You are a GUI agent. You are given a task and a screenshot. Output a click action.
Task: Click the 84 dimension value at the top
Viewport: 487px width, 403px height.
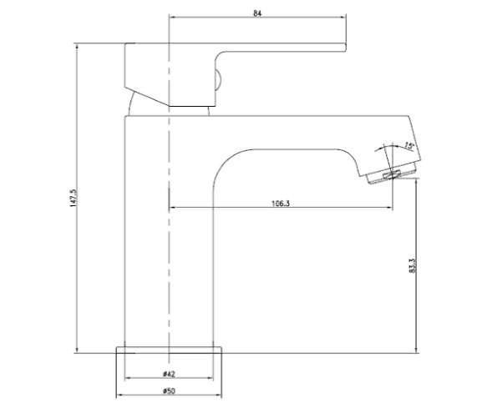(x=257, y=13)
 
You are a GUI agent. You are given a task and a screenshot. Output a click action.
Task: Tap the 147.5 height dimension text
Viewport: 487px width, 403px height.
(x=74, y=199)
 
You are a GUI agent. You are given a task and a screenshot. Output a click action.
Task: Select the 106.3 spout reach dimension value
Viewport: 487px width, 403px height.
(x=281, y=204)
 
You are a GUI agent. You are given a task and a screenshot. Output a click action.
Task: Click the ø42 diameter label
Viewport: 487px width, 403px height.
(x=169, y=374)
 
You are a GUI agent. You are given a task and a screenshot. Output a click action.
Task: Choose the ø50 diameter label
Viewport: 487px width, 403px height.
(x=169, y=391)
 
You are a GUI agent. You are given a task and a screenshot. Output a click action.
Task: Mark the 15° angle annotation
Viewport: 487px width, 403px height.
(x=409, y=145)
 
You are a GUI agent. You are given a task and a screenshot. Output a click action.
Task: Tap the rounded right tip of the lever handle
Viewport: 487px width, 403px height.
(x=345, y=48)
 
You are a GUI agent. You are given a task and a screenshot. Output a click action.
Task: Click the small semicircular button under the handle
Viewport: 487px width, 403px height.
(x=218, y=79)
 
